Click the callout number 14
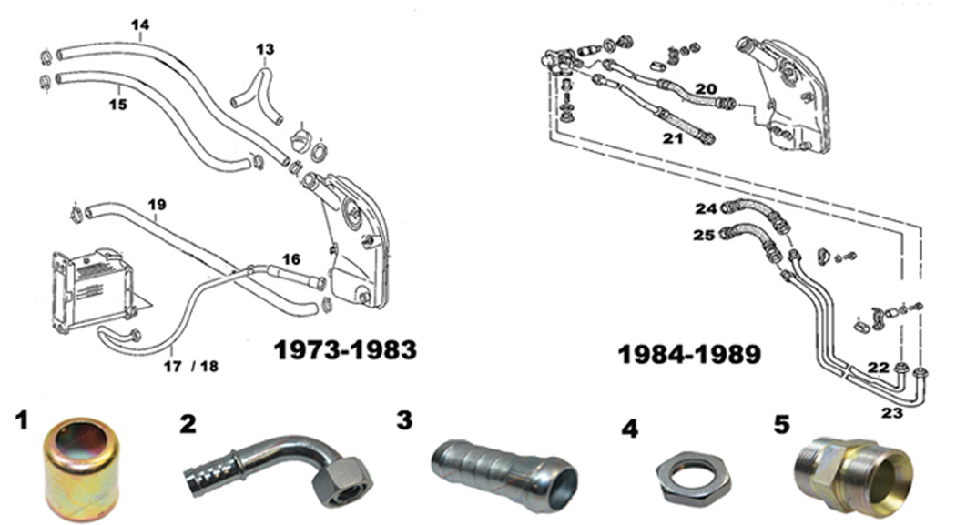coord(139,25)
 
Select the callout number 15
coord(118,104)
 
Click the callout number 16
coord(290,259)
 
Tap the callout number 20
coord(707,88)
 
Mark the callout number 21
coord(672,137)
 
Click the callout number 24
coord(706,208)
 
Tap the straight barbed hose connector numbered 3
coord(503,464)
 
